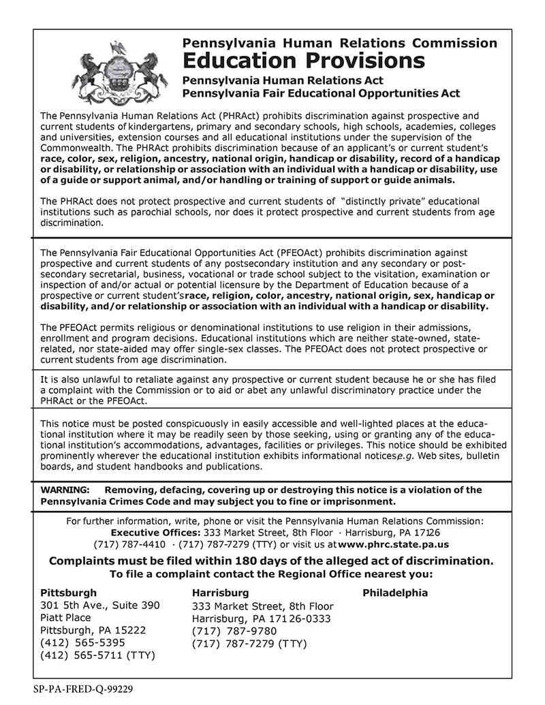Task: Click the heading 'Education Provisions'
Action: click(303, 61)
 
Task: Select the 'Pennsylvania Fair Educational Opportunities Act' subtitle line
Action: click(321, 93)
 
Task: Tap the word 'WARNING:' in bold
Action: click(65, 490)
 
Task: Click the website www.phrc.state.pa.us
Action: click(393, 544)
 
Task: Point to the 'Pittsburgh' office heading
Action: click(68, 593)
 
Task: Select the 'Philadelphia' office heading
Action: click(395, 593)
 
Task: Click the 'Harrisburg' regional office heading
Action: click(220, 593)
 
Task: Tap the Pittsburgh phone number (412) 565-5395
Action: click(82, 642)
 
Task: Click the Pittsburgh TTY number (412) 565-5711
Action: click(82, 655)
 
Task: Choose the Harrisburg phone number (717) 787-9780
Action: click(234, 631)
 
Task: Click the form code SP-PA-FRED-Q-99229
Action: click(82, 689)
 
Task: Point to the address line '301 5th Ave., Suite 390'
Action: click(100, 605)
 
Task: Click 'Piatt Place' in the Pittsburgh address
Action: click(65, 618)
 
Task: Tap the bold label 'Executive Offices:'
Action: click(156, 532)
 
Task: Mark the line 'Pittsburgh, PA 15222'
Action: click(93, 630)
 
